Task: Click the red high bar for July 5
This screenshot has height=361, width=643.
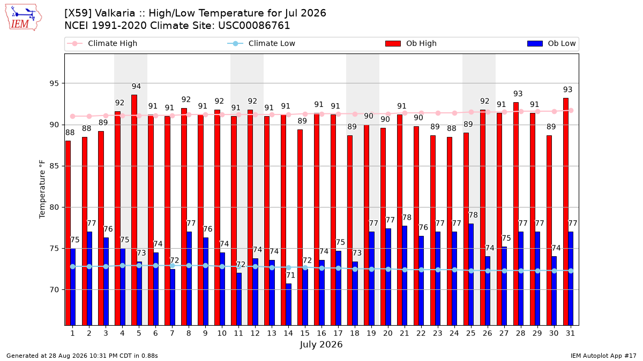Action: click(134, 210)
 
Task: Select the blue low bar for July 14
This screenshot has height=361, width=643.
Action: click(288, 304)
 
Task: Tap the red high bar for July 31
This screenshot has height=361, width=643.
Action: click(566, 211)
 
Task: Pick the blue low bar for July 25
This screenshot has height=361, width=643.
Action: click(471, 274)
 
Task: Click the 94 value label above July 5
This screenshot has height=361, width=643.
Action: click(136, 86)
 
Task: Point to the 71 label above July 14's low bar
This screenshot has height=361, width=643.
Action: click(290, 275)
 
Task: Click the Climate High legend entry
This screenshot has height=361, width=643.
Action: click(102, 43)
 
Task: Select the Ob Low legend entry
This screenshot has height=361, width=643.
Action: click(551, 43)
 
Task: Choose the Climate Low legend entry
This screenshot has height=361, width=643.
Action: click(261, 43)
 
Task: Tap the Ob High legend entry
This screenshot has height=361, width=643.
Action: click(411, 43)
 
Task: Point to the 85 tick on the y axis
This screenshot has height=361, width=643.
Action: click(54, 166)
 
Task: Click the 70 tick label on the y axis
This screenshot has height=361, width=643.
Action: click(54, 290)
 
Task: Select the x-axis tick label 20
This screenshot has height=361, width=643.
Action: click(388, 334)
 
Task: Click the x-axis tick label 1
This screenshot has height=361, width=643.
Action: click(73, 334)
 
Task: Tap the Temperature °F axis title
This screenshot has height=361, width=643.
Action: click(42, 189)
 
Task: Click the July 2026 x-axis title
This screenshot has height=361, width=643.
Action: click(321, 344)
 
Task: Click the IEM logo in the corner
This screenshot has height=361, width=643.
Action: click(23, 18)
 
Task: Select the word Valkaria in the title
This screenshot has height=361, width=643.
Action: click(115, 13)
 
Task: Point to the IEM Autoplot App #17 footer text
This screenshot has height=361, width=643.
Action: click(603, 356)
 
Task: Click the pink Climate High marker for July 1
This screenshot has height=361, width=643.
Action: click(73, 117)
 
